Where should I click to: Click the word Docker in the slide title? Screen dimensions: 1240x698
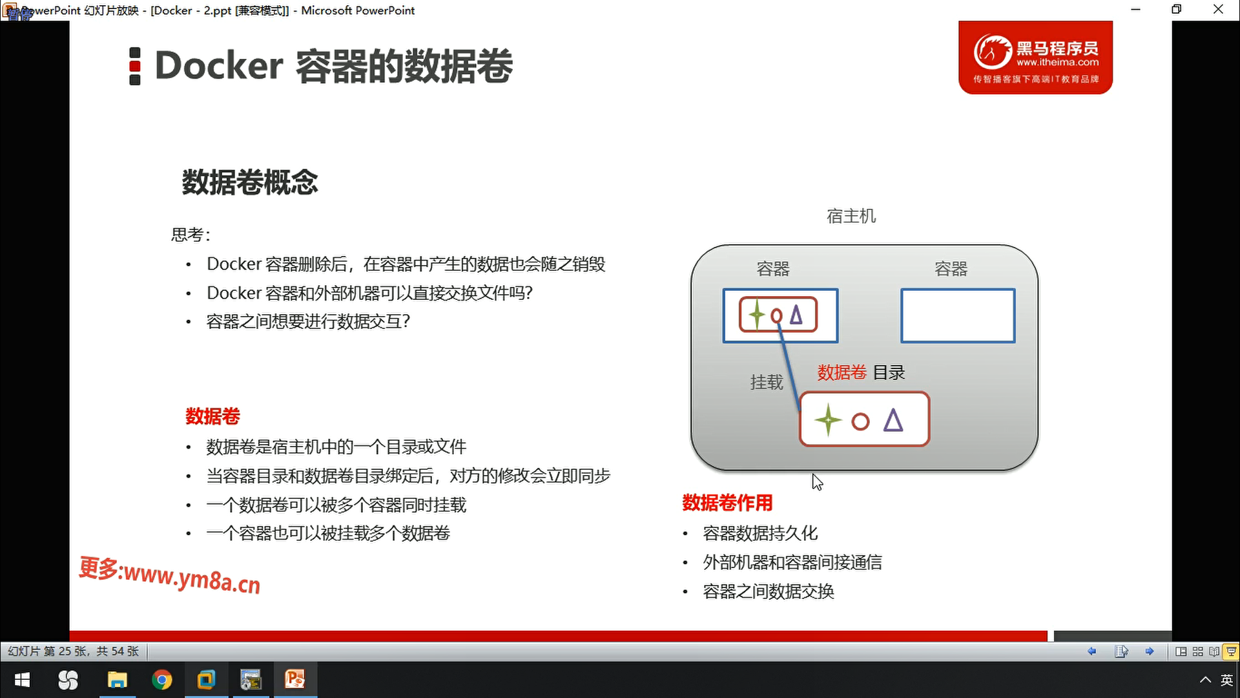click(219, 65)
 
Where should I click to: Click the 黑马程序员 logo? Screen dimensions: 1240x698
click(1035, 58)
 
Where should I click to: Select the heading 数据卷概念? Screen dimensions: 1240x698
click(250, 182)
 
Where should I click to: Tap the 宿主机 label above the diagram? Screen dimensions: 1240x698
click(851, 216)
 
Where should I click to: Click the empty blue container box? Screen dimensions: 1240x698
click(958, 315)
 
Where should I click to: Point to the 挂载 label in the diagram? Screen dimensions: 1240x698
click(767, 383)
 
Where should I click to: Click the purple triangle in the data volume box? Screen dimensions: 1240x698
click(893, 420)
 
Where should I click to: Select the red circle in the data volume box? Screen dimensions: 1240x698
click(860, 422)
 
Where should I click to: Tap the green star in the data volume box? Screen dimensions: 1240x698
click(828, 421)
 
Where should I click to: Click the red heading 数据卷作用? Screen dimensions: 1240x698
click(727, 503)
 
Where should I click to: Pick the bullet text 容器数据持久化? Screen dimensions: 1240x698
click(760, 533)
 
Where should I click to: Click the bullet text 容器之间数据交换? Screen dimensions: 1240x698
click(769, 591)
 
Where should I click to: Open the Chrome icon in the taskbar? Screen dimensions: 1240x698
click(162, 680)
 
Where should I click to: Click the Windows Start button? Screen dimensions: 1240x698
click(23, 680)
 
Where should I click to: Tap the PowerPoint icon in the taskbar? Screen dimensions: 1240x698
click(294, 679)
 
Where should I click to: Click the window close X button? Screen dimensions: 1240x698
click(1218, 10)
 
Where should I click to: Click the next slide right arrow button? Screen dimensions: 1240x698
click(1150, 651)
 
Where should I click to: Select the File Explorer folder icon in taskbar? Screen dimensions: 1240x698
click(117, 680)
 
